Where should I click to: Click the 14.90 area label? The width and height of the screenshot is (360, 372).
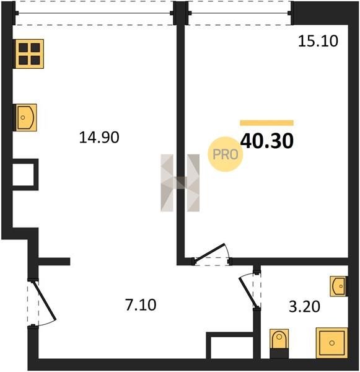click(99, 138)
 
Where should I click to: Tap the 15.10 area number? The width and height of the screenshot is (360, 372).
click(318, 41)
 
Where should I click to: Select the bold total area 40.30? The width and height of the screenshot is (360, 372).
click(267, 141)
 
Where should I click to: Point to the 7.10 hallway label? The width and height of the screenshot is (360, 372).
click(141, 305)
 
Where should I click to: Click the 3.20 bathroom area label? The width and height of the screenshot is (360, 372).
click(304, 306)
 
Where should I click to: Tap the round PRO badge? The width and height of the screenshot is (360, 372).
click(226, 154)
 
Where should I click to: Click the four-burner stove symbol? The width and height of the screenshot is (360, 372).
click(29, 54)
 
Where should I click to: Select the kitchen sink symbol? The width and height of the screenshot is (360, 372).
click(26, 117)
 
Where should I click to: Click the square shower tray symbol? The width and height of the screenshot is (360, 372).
click(331, 343)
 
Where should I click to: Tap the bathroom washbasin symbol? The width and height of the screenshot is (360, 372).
click(339, 286)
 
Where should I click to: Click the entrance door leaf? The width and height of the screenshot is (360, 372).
click(45, 301)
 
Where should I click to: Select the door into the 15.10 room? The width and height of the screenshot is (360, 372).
click(209, 254)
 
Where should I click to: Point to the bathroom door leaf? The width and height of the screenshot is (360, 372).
click(248, 293)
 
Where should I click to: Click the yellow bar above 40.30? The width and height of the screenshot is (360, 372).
click(267, 123)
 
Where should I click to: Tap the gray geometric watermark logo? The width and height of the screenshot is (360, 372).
click(180, 183)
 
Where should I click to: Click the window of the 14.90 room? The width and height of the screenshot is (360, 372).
click(94, 13)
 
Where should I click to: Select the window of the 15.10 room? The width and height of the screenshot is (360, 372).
click(240, 13)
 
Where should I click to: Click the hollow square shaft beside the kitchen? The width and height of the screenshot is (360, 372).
click(25, 175)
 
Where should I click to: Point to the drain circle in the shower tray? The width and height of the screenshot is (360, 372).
click(332, 343)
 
